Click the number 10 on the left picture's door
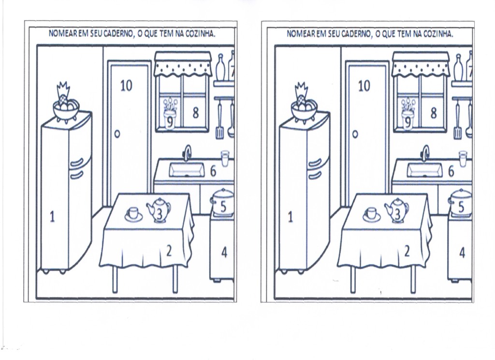coord(126,86)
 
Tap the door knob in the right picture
coord(355,135)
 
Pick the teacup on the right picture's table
coord(371,213)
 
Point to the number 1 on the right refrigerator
coord(291,217)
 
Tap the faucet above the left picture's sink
coord(187,153)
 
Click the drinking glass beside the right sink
coord(463,158)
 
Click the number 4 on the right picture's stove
coord(462,253)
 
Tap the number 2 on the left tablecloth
coord(169,251)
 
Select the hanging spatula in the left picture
coord(219,123)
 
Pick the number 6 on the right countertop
coord(451,171)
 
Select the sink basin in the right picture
coord(424,170)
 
